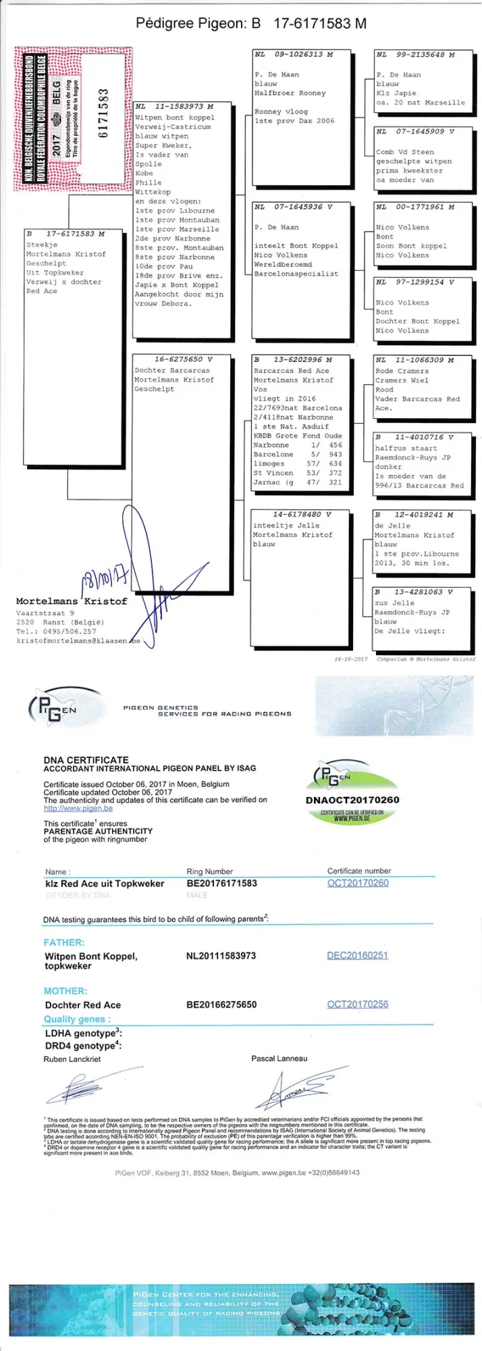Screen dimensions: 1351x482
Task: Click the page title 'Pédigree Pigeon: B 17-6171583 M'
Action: pos(251,24)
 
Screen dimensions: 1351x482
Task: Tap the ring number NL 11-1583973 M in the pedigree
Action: pos(174,106)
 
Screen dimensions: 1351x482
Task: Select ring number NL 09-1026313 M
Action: pos(294,54)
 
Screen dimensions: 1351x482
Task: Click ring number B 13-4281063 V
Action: pos(414,592)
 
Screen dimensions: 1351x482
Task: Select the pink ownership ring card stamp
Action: pos(72,118)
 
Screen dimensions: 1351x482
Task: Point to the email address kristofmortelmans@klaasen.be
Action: pos(78,640)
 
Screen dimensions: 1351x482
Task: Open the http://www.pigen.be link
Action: pos(78,808)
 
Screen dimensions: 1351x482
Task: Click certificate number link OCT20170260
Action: pos(358,883)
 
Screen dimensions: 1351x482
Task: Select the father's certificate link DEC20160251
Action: pos(357,955)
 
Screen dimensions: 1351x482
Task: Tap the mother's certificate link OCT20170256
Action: pos(358,1004)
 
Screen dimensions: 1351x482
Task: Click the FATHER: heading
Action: pos(64,942)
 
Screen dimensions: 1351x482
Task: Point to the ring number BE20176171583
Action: pos(221,883)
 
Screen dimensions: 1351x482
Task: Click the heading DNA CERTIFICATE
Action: pos(86,759)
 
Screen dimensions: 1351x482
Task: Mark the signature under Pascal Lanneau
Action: pos(302,1086)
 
